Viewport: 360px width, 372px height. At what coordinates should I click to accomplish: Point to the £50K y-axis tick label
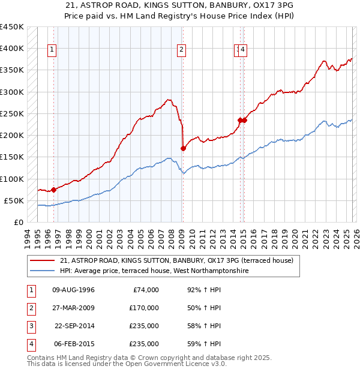pyautogui.click(x=14, y=200)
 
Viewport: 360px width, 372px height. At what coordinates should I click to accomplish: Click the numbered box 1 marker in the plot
pyautogui.click(x=53, y=50)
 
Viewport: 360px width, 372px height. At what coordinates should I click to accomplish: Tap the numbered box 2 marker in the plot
pyautogui.click(x=181, y=50)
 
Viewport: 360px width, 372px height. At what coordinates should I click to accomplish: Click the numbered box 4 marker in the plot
pyautogui.click(x=244, y=50)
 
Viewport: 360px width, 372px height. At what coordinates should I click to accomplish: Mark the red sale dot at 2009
pyautogui.click(x=183, y=148)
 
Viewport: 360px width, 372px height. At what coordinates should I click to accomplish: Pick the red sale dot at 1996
pyautogui.click(x=53, y=190)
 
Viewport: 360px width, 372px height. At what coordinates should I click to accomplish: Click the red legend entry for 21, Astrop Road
pyautogui.click(x=176, y=260)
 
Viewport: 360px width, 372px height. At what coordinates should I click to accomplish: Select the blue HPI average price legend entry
pyautogui.click(x=154, y=271)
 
